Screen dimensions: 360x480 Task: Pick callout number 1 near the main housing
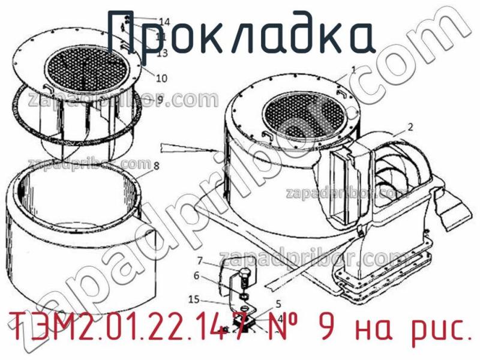click(x=353, y=70)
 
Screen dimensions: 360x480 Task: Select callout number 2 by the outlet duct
click(x=410, y=127)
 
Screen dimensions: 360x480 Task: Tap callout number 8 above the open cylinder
click(x=156, y=166)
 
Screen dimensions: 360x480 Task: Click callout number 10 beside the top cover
click(x=161, y=78)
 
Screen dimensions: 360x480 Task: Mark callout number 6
click(x=196, y=276)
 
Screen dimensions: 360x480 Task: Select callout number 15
click(x=193, y=299)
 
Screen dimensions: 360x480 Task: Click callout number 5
click(x=278, y=303)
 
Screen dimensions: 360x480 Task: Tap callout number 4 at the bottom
click(x=280, y=317)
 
